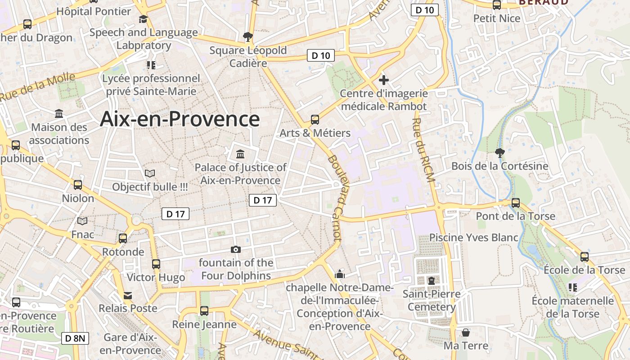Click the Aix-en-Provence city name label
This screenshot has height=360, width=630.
[x=180, y=119]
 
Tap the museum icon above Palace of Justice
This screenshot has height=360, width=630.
[x=240, y=154]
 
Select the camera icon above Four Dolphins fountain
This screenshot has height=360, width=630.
[x=235, y=249]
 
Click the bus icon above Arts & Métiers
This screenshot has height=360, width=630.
[x=315, y=120]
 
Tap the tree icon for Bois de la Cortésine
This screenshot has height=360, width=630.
[x=499, y=153]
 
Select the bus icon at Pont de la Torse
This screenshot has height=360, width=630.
[x=516, y=203]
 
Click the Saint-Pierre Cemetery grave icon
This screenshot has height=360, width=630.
[x=432, y=281]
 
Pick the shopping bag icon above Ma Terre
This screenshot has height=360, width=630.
[x=466, y=333]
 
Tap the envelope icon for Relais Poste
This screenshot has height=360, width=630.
[x=128, y=296]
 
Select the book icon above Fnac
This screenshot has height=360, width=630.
[x=82, y=221]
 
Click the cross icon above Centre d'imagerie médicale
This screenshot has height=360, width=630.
[x=383, y=81]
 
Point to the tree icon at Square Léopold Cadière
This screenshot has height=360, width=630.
[x=247, y=37]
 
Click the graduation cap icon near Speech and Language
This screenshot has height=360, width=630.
[x=143, y=19]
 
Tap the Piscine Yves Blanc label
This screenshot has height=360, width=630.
[x=474, y=237]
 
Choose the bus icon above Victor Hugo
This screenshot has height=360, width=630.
[x=156, y=264]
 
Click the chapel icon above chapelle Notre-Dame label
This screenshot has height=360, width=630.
[x=340, y=274]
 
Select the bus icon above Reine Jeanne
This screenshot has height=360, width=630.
[x=204, y=311]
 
